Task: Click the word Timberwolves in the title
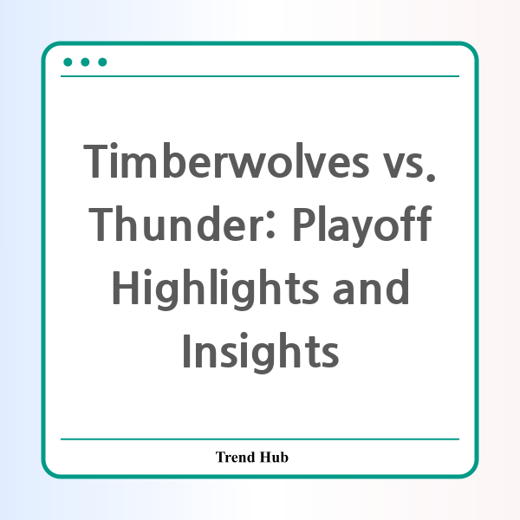coord(226,161)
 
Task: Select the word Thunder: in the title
coord(182,224)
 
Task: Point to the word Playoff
coord(363,226)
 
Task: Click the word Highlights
coord(216,289)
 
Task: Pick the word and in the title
coord(371,287)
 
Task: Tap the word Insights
coord(261,353)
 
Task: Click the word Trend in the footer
coord(236,457)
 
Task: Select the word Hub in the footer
coord(274,457)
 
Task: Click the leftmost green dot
coord(68,62)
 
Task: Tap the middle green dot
coord(85,62)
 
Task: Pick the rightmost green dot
coord(102,62)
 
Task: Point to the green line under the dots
coord(260,76)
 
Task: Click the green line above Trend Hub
coord(260,439)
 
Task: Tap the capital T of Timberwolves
coord(95,161)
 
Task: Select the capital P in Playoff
coord(304,224)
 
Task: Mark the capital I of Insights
coord(186,350)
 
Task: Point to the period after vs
coord(431,177)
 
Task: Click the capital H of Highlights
coord(126,287)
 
